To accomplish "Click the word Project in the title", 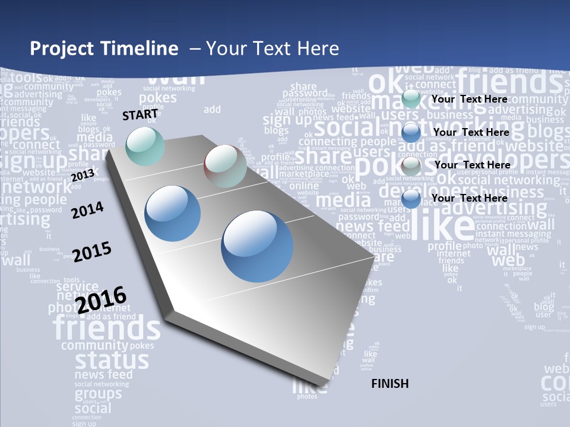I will [62, 49].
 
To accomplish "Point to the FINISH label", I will [390, 384].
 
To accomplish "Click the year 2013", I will [83, 176].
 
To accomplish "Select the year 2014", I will [87, 210].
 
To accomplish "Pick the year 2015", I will [92, 251].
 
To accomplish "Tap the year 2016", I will [102, 299].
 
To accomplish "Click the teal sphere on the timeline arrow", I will [145, 146].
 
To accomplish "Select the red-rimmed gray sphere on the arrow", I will [225, 167].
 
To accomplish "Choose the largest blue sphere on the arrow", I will [257, 246].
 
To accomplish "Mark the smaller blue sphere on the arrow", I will [173, 213].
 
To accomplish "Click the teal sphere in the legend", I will [411, 99].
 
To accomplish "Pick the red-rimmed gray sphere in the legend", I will [411, 166].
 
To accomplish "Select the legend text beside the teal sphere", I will [470, 99].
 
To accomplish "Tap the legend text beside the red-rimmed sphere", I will [472, 164].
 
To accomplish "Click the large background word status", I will [112, 359].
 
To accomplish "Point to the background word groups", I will [98, 393].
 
